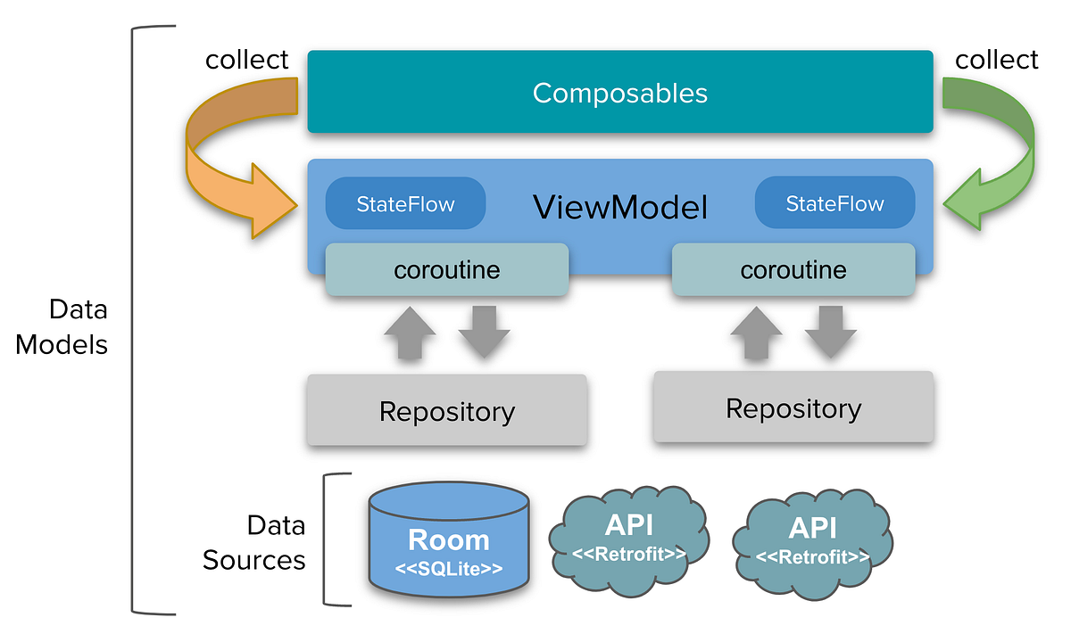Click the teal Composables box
[x=620, y=93]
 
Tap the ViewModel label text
[x=620, y=208]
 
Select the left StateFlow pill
[x=405, y=203]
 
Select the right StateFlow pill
[x=834, y=203]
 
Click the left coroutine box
[x=446, y=269]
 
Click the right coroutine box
[x=793, y=269]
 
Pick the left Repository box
[x=446, y=411]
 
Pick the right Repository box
[x=793, y=408]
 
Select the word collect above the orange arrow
[x=247, y=60]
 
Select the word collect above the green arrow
[x=997, y=60]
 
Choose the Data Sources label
[x=254, y=542]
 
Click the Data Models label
[x=62, y=326]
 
